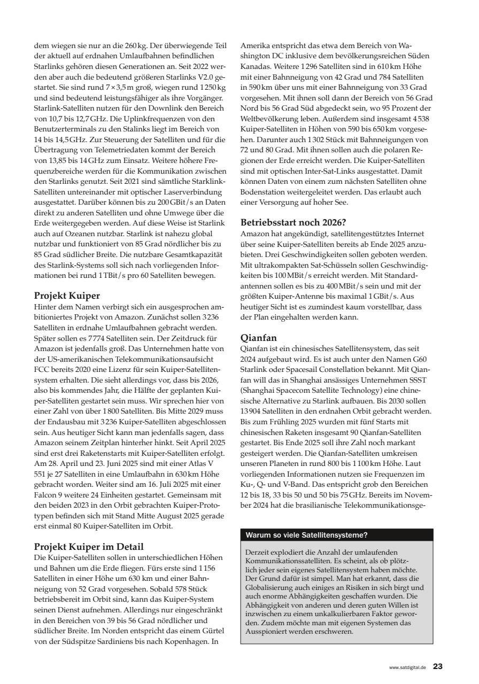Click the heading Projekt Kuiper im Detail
pyautogui.click(x=88, y=547)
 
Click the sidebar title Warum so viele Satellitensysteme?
pyautogui.click(x=306, y=535)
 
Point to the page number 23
pyautogui.click(x=437, y=666)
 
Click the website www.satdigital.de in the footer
pyautogui.click(x=407, y=667)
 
